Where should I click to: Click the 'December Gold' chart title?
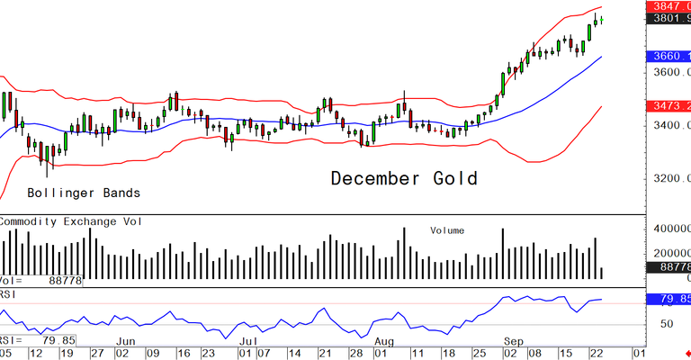point(403,178)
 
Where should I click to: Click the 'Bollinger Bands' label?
point(84,193)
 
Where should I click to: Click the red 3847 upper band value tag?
point(669,5)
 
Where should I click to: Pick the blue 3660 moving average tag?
point(669,56)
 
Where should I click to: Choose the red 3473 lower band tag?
point(669,106)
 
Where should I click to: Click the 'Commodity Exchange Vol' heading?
point(76,220)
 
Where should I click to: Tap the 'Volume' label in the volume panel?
point(447,230)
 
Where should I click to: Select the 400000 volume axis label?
point(669,229)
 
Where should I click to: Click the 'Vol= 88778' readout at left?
point(40,282)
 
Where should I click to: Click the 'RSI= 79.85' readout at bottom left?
point(38,339)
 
